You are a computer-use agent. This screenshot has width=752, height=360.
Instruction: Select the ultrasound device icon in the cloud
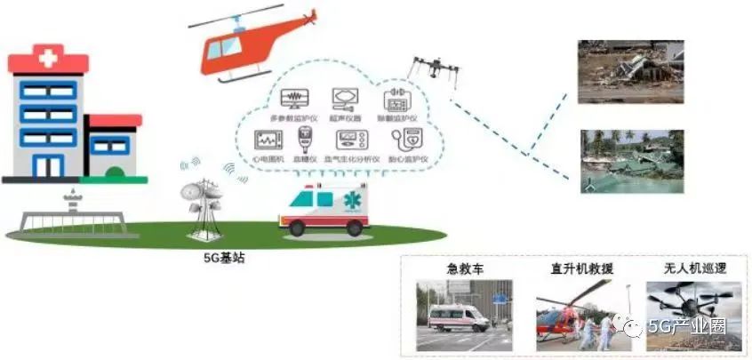[x=344, y=98]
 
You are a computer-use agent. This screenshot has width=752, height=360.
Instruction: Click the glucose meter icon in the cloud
[x=306, y=139]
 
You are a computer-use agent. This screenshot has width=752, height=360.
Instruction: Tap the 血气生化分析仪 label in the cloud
[x=351, y=158]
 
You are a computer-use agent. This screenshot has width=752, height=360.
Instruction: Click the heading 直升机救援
[x=581, y=268]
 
